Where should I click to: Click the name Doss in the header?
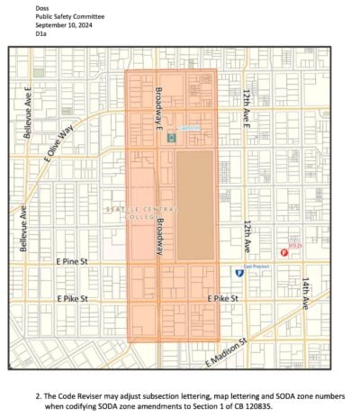tap(41, 8)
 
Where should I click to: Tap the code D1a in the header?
tap(40, 33)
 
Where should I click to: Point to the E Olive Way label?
tap(59, 143)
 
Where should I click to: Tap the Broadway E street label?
tap(159, 106)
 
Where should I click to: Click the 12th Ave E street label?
tap(247, 107)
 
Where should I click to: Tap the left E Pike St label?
tap(73, 298)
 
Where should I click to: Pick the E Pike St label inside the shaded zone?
tap(224, 298)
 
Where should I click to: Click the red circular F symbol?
tap(285, 253)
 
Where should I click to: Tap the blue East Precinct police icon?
tap(239, 272)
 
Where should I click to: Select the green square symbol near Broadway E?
tap(171, 138)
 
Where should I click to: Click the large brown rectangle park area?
tap(194, 206)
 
